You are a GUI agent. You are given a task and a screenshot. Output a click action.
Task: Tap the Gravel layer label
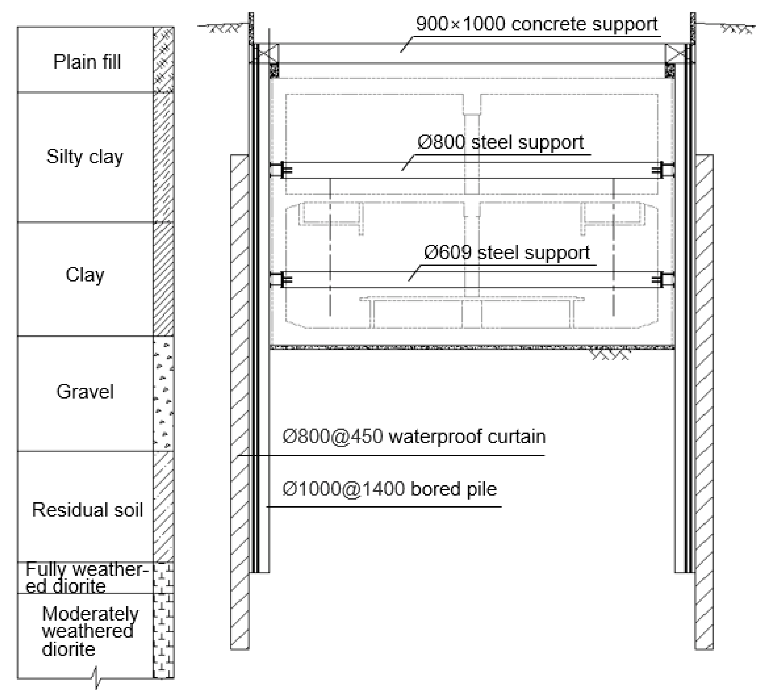[x=85, y=391]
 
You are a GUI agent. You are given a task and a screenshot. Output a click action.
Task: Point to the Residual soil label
[x=87, y=510]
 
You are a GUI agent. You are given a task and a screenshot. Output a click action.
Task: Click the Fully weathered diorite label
[x=86, y=578]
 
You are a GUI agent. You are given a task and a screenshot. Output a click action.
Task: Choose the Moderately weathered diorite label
[x=89, y=632]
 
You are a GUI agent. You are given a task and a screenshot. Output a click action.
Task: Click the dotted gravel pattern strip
[x=164, y=394]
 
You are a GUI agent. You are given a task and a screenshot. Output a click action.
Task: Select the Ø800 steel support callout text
[x=500, y=143]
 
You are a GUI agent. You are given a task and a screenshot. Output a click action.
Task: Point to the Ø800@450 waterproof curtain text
[x=414, y=437]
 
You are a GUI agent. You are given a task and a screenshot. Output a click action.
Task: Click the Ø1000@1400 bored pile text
[x=389, y=489]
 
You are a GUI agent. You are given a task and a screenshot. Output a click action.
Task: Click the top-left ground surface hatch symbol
[x=224, y=28]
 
